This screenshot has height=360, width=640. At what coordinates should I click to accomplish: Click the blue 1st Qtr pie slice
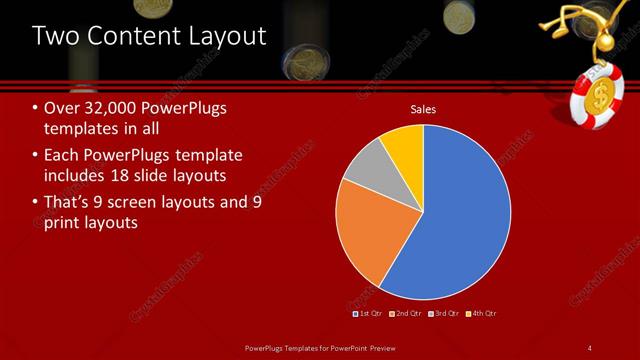point(460,220)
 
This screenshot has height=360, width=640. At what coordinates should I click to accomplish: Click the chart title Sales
point(425,109)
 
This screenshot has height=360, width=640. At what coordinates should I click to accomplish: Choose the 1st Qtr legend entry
point(368,313)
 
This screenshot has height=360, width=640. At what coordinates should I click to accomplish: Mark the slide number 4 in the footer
point(590,347)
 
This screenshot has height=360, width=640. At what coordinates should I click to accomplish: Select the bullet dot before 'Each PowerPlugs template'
point(36,156)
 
